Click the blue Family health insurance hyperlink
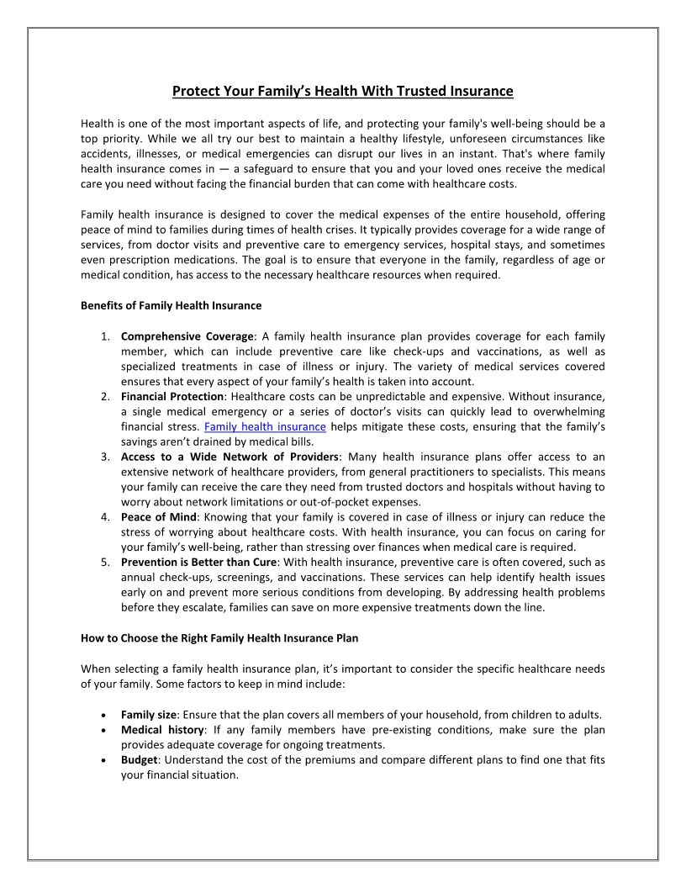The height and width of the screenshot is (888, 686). point(265,427)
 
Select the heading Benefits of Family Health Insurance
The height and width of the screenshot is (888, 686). point(171,305)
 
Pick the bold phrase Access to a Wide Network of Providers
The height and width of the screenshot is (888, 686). point(230,457)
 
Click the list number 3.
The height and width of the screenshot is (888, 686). point(106,457)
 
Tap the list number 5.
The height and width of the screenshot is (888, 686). point(106,562)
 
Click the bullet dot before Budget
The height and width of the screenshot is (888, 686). point(102,760)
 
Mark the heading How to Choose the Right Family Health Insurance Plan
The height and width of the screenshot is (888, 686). point(219,638)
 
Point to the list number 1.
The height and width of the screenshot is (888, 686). point(106,337)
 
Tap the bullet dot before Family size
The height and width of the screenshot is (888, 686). point(102,715)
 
